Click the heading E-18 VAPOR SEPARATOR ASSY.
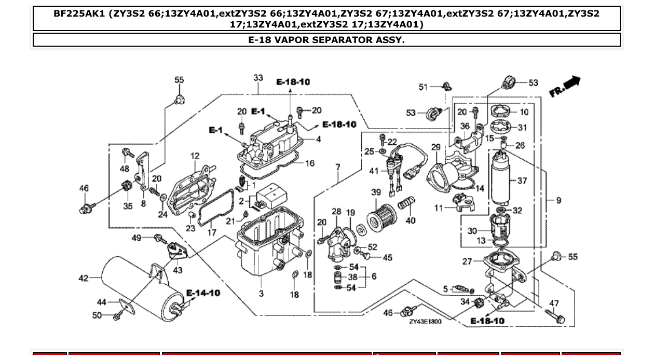coord(326,40)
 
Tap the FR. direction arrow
coord(565,87)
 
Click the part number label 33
coord(258,78)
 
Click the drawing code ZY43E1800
coord(425,322)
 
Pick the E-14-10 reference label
coord(203,293)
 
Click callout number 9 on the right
coord(558,200)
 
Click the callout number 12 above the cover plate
coord(195,156)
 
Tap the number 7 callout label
coord(338,168)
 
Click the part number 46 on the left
coord(84,188)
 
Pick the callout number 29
coord(435,148)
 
